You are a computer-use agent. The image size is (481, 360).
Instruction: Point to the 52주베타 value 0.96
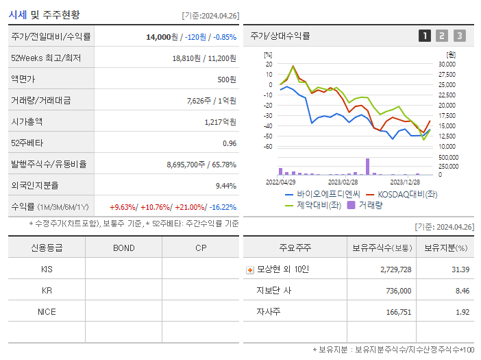[229, 143]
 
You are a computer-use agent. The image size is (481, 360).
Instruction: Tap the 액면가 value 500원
[226, 80]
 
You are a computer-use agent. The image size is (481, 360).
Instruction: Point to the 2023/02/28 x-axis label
[343, 182]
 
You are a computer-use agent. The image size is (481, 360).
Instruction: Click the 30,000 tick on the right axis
[446, 64]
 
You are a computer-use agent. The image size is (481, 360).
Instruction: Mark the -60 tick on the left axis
[269, 147]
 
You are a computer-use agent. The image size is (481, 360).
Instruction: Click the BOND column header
[123, 248]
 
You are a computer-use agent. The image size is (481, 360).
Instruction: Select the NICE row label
[47, 312]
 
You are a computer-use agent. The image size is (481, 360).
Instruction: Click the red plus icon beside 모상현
[250, 270]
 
